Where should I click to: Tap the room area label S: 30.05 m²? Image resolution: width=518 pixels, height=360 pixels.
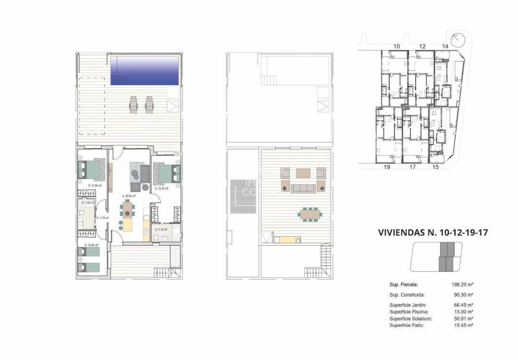[129, 196]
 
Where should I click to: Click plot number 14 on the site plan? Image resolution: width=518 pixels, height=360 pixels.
[445, 46]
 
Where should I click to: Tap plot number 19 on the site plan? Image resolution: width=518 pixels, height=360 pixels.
[387, 168]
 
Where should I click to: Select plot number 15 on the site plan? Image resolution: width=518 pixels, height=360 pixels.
[436, 168]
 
